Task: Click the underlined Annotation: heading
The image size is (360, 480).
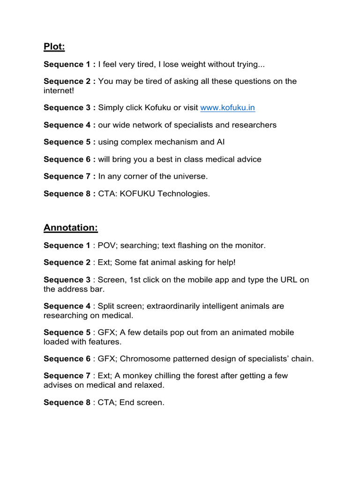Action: tap(71, 227)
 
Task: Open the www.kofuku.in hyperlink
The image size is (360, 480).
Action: tap(227, 108)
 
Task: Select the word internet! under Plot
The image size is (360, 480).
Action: tap(59, 90)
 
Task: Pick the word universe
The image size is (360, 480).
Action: tap(190, 176)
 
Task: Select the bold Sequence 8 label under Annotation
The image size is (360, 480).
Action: tap(67, 402)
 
